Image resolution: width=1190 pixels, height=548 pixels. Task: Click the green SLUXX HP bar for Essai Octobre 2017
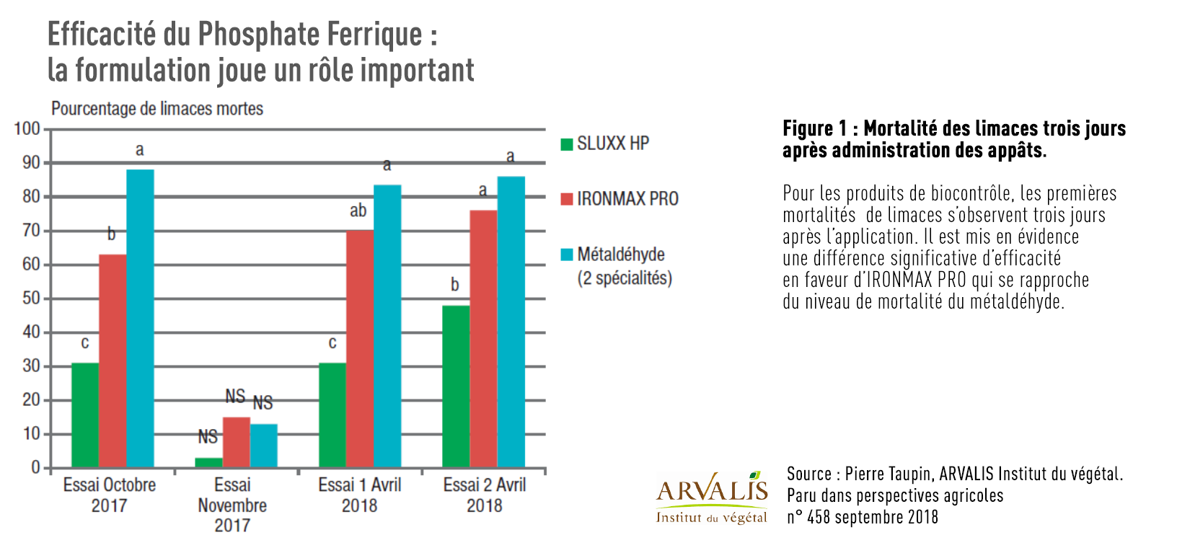coord(85,415)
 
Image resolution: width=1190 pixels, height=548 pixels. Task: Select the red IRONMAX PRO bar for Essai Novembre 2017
coord(236,442)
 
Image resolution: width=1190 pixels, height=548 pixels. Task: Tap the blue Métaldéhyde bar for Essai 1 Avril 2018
coord(387,326)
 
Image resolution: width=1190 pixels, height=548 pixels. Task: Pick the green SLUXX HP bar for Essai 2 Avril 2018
coord(455,386)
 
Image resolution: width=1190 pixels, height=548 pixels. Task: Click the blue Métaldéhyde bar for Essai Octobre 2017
coord(140,318)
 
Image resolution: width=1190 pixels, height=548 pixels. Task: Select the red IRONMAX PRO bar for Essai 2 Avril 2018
coord(483,338)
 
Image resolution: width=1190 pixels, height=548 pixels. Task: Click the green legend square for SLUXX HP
coord(567,144)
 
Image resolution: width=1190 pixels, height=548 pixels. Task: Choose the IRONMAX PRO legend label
coord(627,199)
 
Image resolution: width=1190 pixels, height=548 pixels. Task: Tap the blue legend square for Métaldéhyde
coord(567,255)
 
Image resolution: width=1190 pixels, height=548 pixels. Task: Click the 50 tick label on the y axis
coord(31,299)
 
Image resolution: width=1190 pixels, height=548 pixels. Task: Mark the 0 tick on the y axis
coord(36,467)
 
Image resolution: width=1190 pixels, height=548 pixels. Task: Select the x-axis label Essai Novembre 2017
coord(232,505)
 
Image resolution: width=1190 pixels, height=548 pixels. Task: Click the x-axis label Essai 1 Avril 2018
coord(359,495)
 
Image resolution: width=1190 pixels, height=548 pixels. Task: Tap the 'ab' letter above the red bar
coord(358,211)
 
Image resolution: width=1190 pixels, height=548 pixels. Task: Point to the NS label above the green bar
coord(208,437)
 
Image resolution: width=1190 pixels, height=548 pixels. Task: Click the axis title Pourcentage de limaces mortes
coord(157,109)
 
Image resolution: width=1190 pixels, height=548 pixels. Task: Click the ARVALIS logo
coord(711,497)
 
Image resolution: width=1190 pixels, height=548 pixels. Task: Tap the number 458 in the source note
coord(819,517)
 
